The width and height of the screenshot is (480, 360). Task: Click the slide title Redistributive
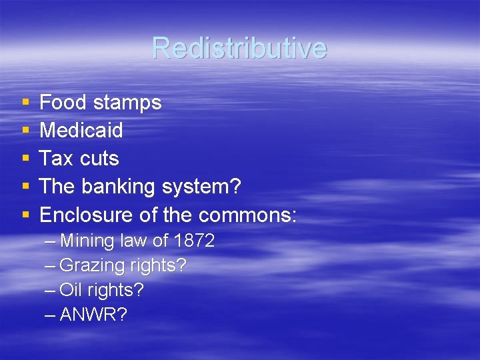coord(239,48)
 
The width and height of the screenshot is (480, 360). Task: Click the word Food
coord(64,102)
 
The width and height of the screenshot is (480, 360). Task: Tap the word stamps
coord(127,103)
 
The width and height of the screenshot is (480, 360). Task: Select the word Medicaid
coord(81,130)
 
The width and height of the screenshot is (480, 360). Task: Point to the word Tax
coord(55,159)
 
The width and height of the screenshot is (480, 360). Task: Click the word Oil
coord(69,291)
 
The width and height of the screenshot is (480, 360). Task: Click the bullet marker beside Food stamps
coord(25,103)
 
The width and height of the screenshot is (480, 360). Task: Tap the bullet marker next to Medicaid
coord(25,131)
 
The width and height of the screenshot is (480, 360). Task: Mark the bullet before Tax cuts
coord(25,159)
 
